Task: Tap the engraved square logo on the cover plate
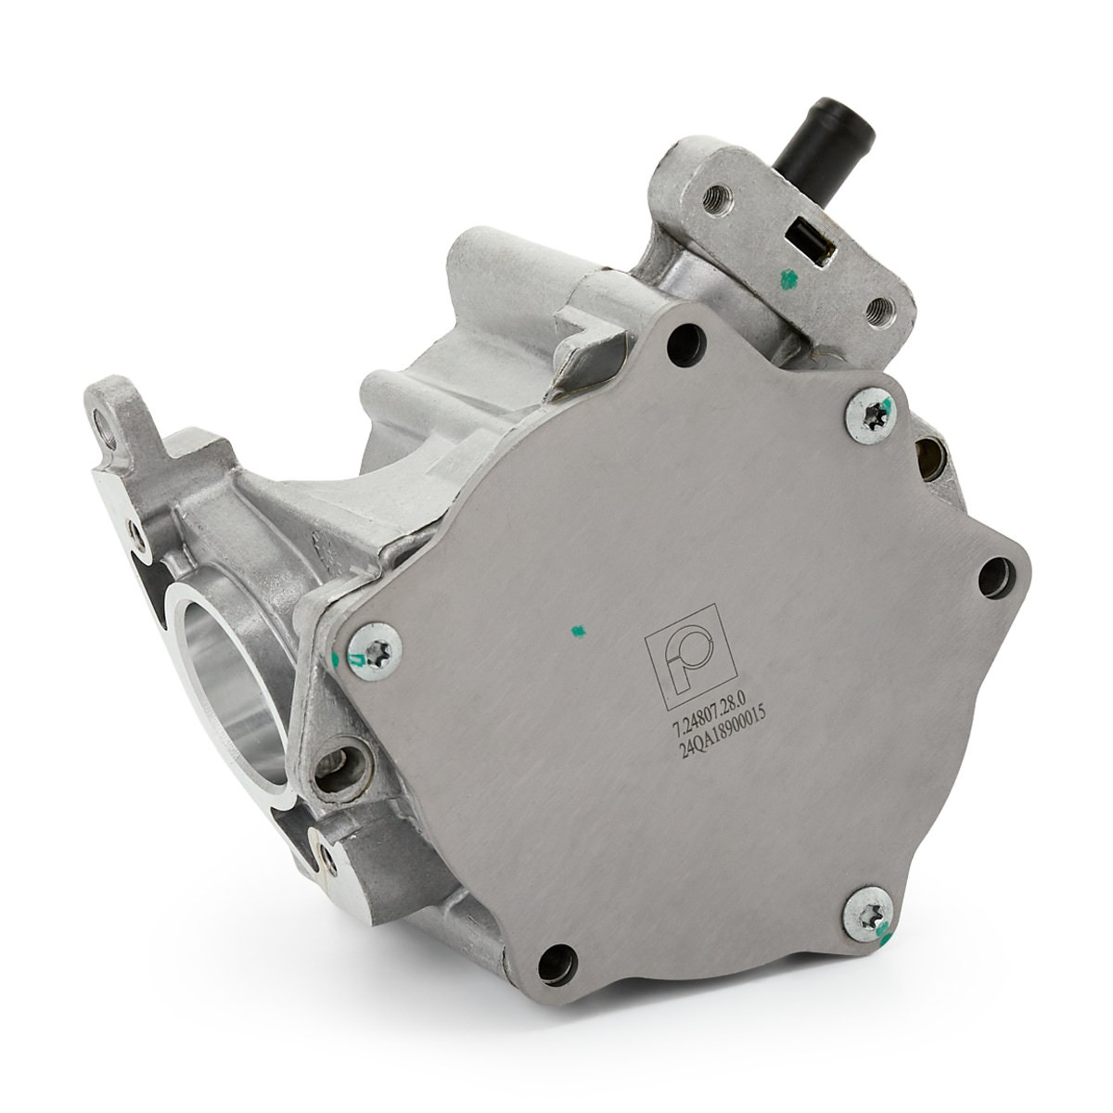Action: (x=691, y=657)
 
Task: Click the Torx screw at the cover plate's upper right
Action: (x=869, y=416)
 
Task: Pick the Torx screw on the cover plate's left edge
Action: (x=375, y=651)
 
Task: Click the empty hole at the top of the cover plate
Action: (x=686, y=343)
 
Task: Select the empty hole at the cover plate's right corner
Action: (x=997, y=578)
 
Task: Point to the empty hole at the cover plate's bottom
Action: (x=557, y=965)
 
